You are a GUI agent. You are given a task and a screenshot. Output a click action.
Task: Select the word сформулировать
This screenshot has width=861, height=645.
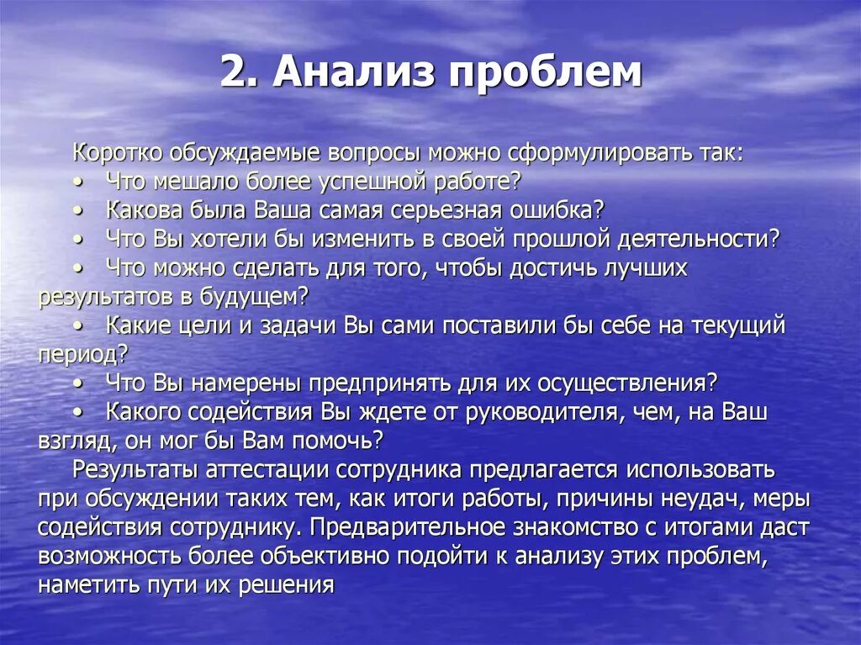click(x=589, y=153)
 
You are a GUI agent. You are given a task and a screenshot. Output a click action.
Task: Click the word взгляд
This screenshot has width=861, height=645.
click(x=74, y=441)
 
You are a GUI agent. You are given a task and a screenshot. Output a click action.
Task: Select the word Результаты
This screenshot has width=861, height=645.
click(x=133, y=468)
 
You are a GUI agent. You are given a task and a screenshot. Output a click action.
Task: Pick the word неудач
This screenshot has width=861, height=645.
click(x=710, y=498)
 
